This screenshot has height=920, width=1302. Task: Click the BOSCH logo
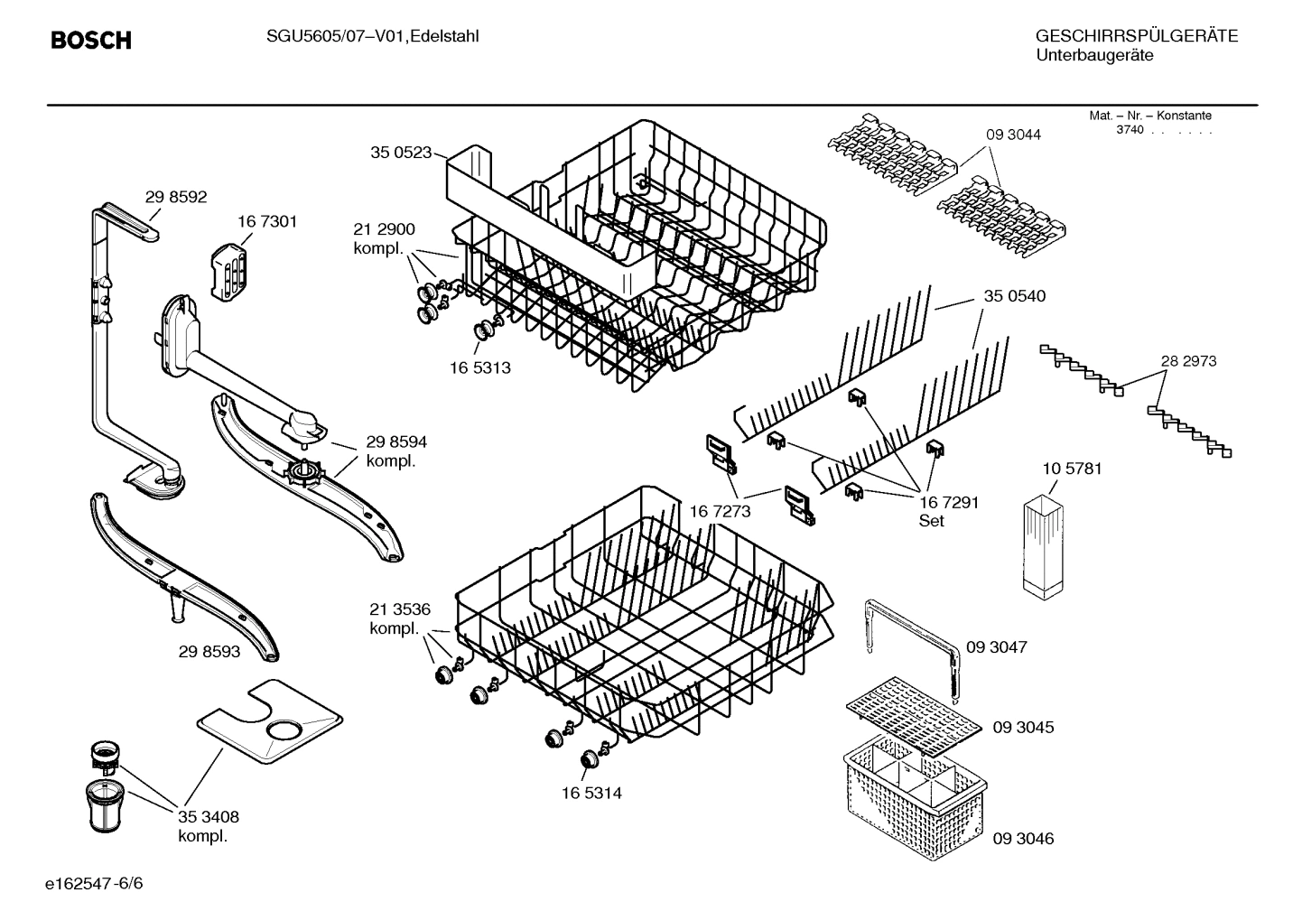pyautogui.click(x=90, y=41)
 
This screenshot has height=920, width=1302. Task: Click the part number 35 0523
pyautogui.click(x=401, y=153)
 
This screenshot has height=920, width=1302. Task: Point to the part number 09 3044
pyautogui.click(x=1013, y=135)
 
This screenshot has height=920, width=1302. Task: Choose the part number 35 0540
pyautogui.click(x=1014, y=296)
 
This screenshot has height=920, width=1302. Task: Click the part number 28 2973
pyautogui.click(x=1188, y=361)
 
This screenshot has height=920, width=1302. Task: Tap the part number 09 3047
pyautogui.click(x=996, y=647)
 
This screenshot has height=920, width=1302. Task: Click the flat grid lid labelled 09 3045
pyautogui.click(x=912, y=715)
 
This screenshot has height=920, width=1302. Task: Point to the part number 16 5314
pyautogui.click(x=591, y=793)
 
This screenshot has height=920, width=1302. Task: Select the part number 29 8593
pyautogui.click(x=209, y=651)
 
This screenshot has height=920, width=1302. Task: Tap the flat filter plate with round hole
pyautogui.click(x=271, y=718)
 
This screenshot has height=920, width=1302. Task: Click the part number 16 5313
pyautogui.click(x=479, y=368)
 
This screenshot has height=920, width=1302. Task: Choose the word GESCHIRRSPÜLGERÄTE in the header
pyautogui.click(x=1137, y=36)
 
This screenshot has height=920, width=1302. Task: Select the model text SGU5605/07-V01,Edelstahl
pyautogui.click(x=373, y=36)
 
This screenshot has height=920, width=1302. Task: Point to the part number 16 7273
pyautogui.click(x=721, y=512)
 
